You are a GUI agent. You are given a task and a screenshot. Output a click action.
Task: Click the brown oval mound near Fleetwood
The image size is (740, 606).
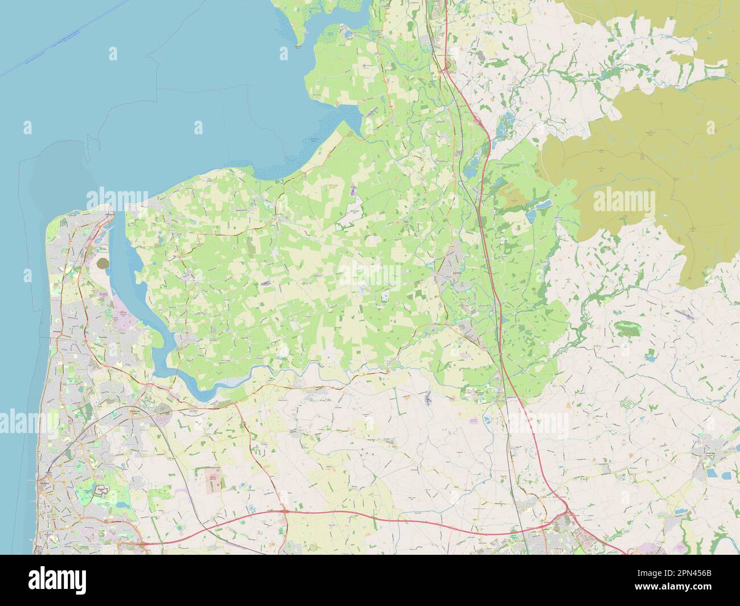[104, 263]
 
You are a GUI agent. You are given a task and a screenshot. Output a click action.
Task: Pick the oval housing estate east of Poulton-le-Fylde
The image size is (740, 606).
[165, 410]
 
